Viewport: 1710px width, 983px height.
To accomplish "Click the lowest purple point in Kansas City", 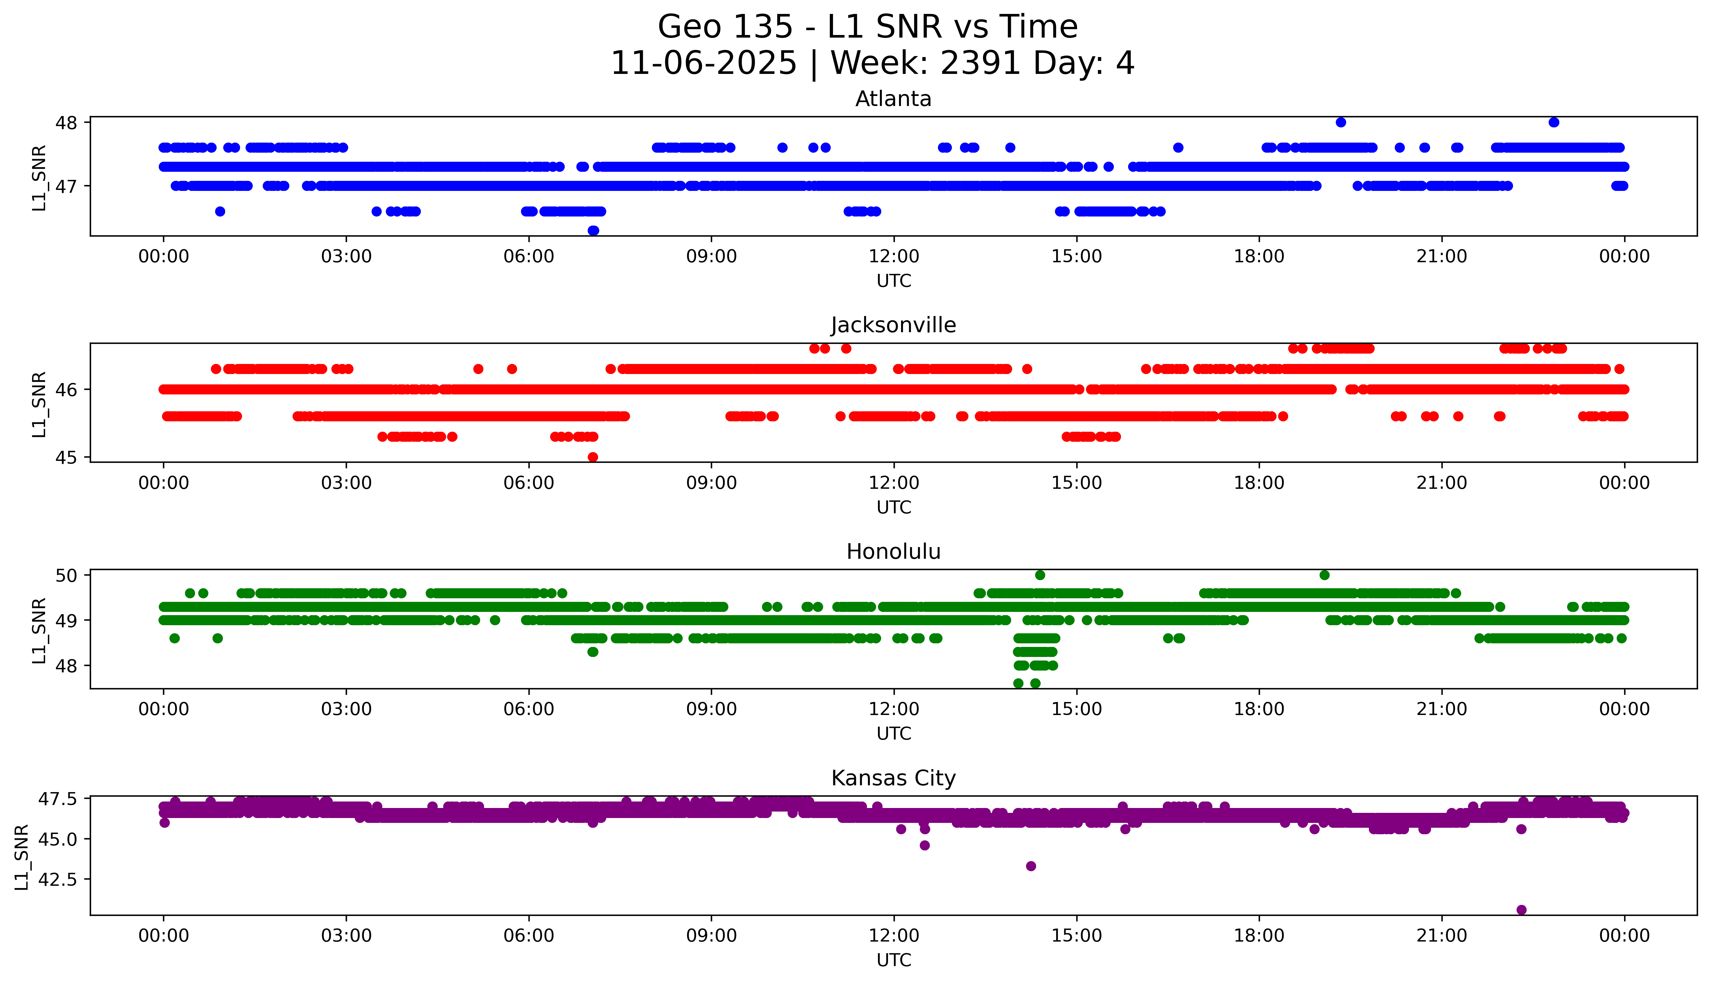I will pos(1521,909).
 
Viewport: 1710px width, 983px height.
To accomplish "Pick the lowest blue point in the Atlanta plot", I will pos(593,230).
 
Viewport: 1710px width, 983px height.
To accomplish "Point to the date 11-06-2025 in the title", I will pos(703,64).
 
